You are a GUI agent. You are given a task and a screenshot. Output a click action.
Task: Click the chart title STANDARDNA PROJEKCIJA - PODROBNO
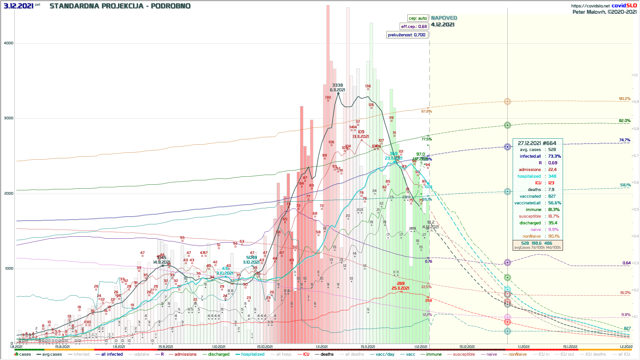pyautogui.click(x=120, y=6)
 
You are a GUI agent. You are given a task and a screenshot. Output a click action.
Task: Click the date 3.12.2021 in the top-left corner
pyautogui.click(x=18, y=6)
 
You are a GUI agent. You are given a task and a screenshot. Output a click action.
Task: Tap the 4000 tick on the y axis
pyautogui.click(x=9, y=43)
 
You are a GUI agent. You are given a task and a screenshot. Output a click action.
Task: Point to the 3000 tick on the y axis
pyautogui.click(x=9, y=118)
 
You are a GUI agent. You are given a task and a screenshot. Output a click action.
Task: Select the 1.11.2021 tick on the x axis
pyautogui.click(x=321, y=347)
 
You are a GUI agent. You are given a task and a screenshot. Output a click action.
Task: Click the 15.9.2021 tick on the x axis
pyautogui.click(x=166, y=347)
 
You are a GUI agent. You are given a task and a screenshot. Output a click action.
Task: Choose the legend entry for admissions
pyautogui.click(x=185, y=354)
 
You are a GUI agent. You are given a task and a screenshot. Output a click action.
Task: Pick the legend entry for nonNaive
pyautogui.click(x=517, y=354)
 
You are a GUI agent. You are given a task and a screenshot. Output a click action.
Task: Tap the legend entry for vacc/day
pyautogui.click(x=385, y=354)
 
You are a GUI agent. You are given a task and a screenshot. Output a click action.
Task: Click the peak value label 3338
pyautogui.click(x=337, y=85)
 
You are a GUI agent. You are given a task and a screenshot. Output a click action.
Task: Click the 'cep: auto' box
pyautogui.click(x=418, y=18)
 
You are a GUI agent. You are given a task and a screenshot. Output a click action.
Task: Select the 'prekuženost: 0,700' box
pyautogui.click(x=406, y=35)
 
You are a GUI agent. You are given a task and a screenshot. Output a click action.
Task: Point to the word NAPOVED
pyautogui.click(x=444, y=18)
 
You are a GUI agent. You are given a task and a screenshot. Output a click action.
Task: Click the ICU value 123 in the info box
pyautogui.click(x=551, y=183)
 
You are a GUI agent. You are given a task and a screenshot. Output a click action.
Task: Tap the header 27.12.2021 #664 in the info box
pyautogui.click(x=537, y=143)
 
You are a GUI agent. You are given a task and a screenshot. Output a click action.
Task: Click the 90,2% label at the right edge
pyautogui.click(x=624, y=99)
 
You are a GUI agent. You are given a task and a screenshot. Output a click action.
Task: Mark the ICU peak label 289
pyautogui.click(x=401, y=284)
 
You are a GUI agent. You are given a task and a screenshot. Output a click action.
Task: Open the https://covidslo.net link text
pyautogui.click(x=590, y=6)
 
